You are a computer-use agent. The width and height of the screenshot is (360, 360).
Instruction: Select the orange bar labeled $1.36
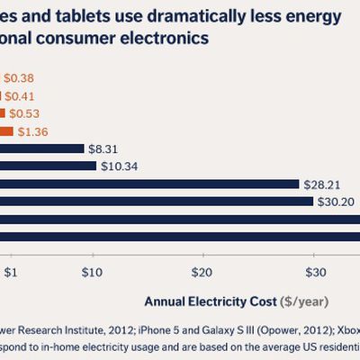pos(7,131)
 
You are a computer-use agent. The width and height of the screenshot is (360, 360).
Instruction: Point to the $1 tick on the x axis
pos(11,272)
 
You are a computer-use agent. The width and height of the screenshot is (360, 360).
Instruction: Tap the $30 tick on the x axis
pos(315,272)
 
